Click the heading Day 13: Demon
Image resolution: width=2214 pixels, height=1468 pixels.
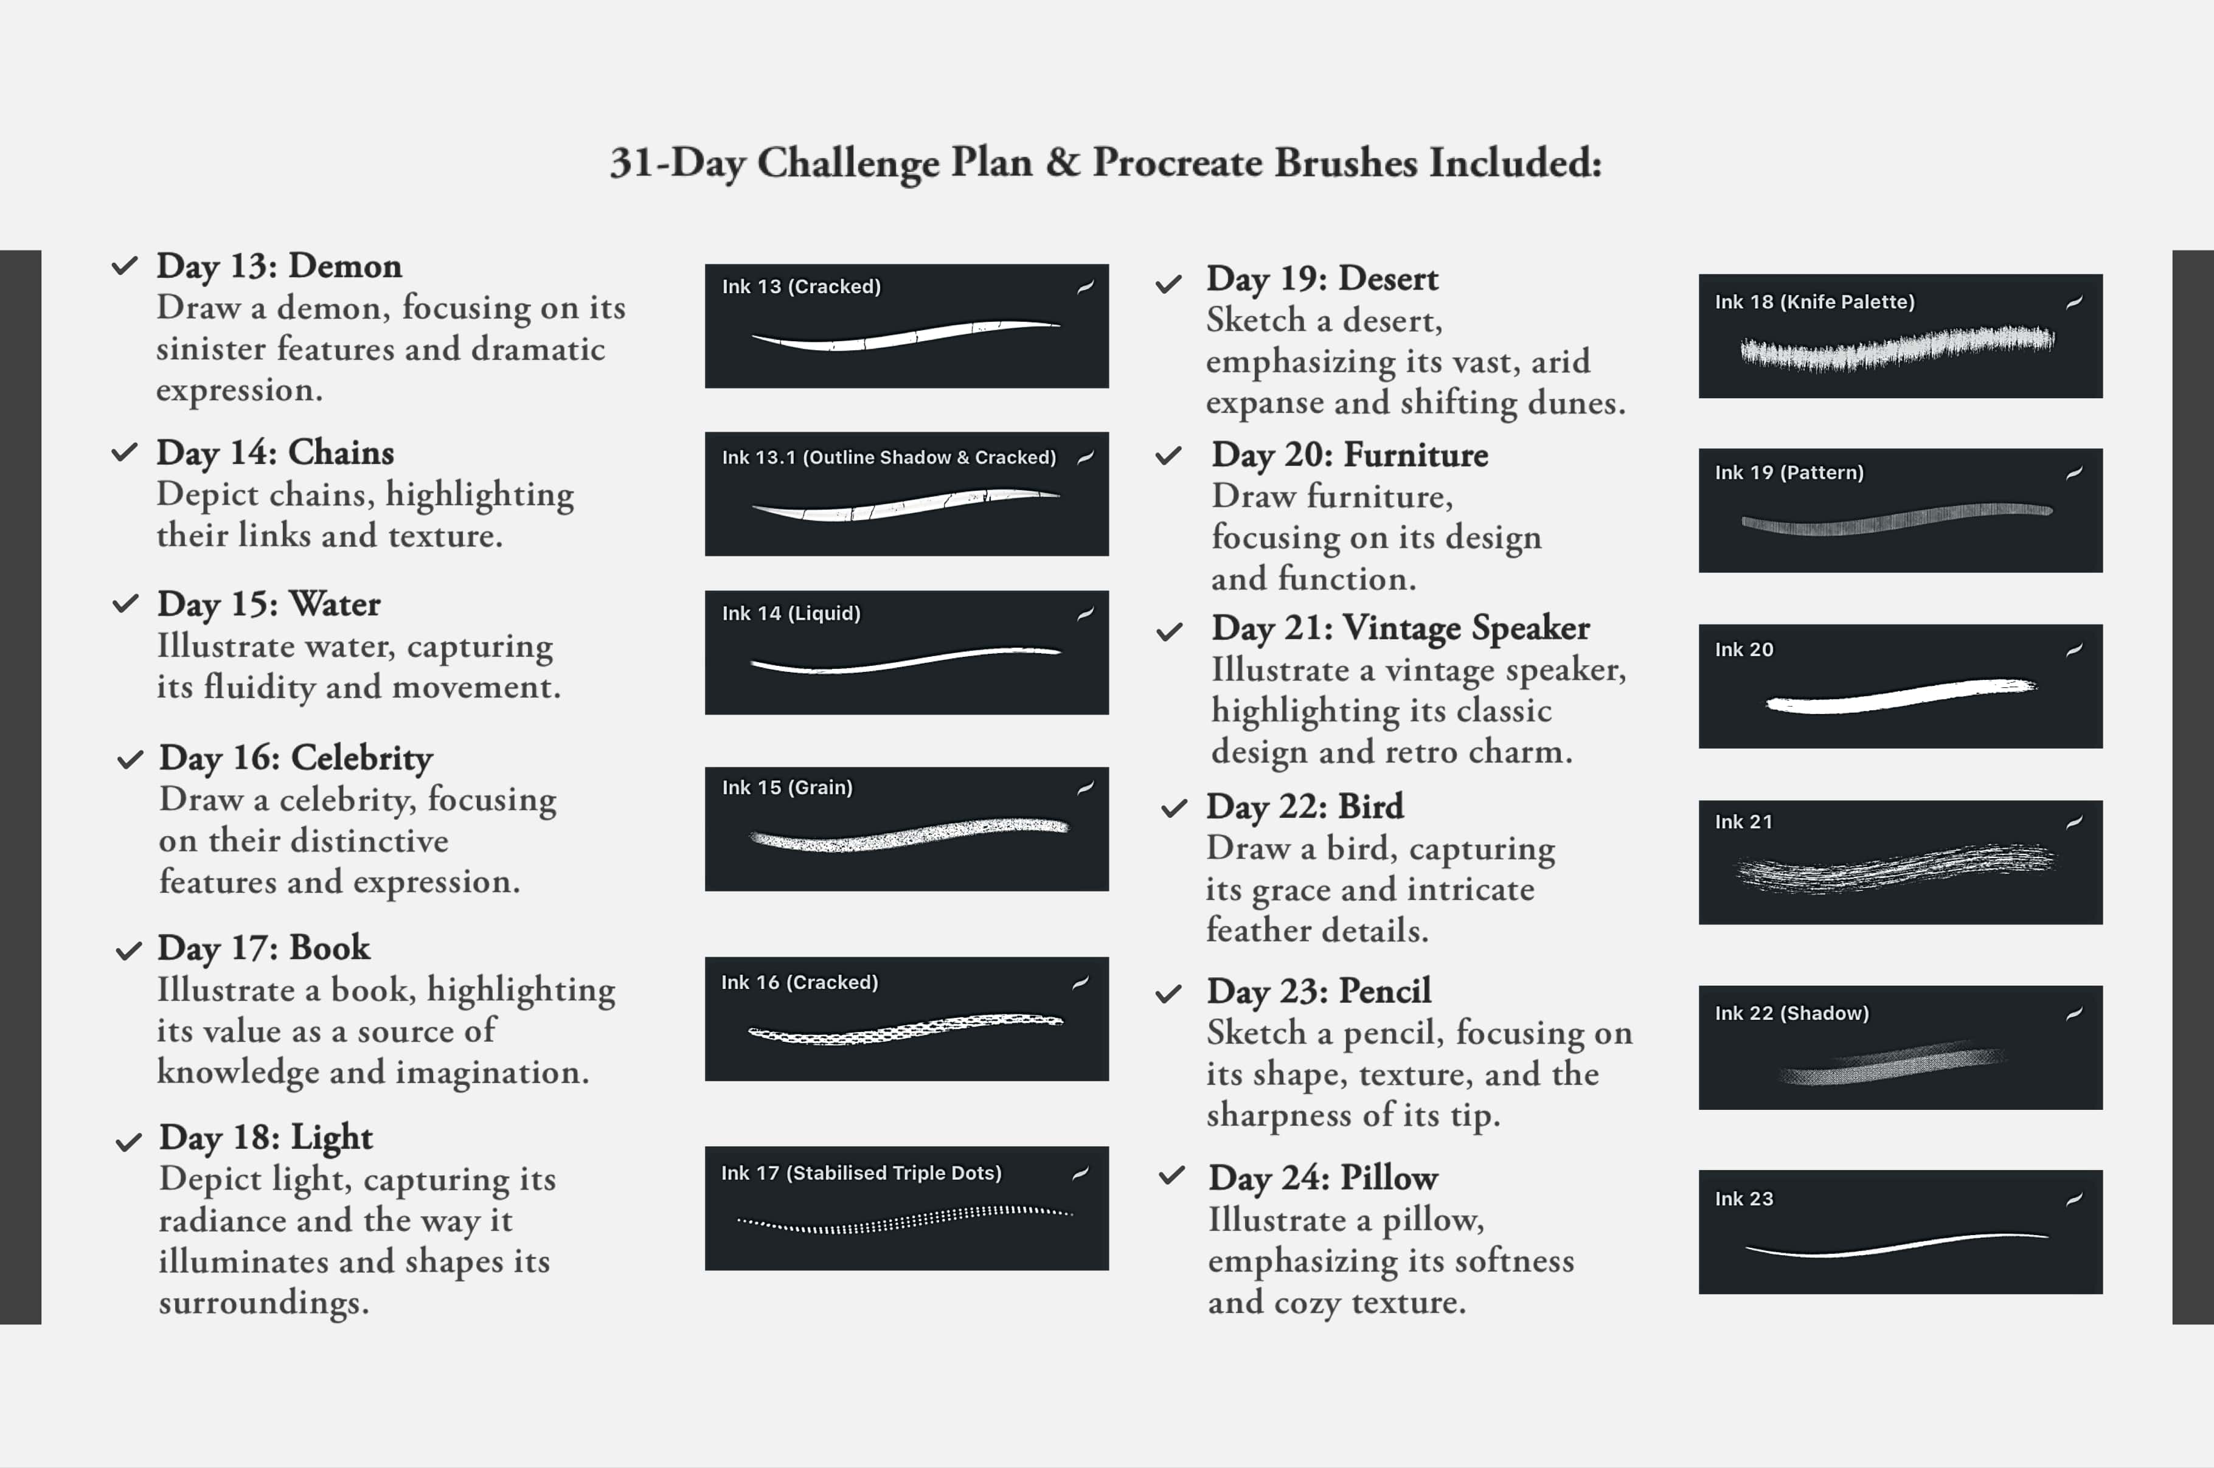(x=279, y=266)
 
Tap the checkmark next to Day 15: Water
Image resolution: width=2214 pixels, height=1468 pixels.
(x=125, y=604)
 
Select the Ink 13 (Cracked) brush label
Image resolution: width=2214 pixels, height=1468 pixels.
(x=800, y=286)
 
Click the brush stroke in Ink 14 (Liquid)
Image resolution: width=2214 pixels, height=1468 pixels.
(x=904, y=659)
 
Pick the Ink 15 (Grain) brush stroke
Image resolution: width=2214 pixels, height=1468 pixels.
(x=908, y=834)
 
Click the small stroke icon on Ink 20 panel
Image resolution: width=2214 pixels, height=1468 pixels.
(x=2073, y=649)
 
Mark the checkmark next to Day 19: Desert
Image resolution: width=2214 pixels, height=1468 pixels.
(x=1168, y=285)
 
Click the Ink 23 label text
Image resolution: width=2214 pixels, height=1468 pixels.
(x=1743, y=1199)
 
